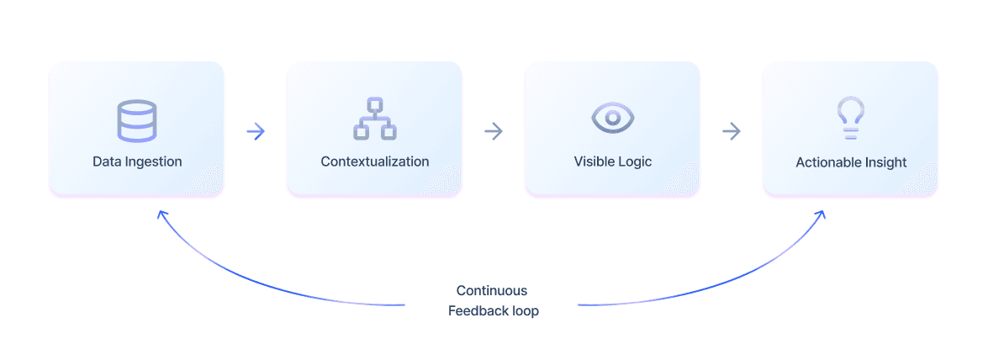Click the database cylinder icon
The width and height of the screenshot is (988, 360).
pos(137,120)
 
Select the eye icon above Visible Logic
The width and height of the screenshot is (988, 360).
pos(612,118)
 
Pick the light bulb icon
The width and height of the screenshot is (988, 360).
pos(851,118)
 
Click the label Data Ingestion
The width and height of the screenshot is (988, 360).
pos(137,162)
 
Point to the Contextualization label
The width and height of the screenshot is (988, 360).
pos(375,161)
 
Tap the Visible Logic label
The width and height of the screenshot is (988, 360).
pos(612,162)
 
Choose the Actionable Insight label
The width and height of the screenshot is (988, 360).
pos(851,162)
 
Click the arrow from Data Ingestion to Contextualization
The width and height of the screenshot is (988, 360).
pos(256,132)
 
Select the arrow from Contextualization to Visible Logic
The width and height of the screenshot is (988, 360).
pos(494,132)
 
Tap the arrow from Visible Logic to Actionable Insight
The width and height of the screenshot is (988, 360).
pos(732,132)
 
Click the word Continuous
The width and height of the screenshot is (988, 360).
pos(492,291)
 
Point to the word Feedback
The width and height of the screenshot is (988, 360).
pos(476,311)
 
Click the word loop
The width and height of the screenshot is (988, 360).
pos(524,312)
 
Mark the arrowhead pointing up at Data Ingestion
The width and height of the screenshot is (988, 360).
pos(162,215)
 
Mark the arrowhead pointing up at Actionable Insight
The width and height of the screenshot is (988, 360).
pos(821,215)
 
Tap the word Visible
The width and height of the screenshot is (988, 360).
pos(593,161)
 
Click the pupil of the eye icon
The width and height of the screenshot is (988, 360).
pos(612,118)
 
